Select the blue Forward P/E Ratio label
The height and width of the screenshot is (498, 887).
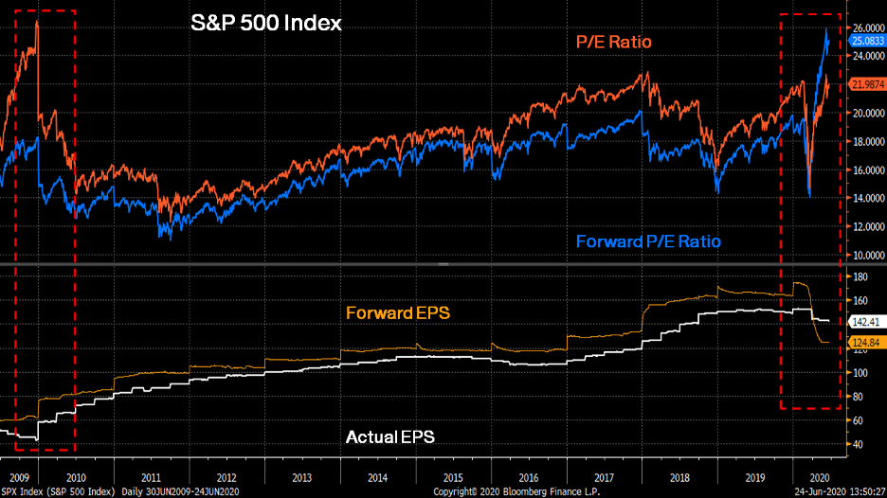(648, 241)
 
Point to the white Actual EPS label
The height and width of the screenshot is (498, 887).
(390, 436)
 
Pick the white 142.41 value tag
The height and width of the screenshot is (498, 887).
(864, 323)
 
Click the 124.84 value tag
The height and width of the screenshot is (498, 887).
(864, 343)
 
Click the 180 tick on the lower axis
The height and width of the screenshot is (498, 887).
(860, 276)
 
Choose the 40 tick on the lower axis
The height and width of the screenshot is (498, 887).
(858, 444)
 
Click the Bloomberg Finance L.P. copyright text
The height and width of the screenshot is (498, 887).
(511, 491)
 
